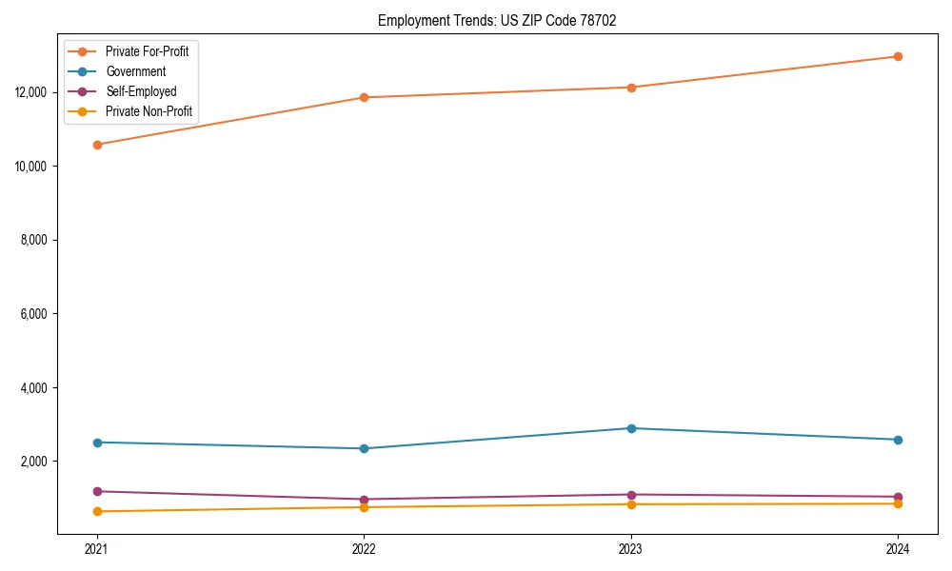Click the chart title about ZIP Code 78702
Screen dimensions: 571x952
click(x=497, y=20)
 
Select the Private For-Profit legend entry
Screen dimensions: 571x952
click(x=147, y=51)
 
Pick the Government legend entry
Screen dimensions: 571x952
click(x=135, y=71)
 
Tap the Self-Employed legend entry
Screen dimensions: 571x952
click(x=141, y=91)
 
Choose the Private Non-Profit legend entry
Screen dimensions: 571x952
click(x=149, y=111)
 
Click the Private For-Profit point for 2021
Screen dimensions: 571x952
click(x=96, y=145)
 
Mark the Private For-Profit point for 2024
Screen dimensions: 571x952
click(x=898, y=56)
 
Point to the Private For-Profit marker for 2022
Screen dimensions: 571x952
click(x=364, y=97)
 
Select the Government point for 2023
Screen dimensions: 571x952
click(x=631, y=428)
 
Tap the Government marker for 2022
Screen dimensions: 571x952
click(x=364, y=448)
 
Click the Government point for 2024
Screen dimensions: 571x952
click(x=898, y=440)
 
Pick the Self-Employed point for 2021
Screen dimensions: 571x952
click(x=96, y=491)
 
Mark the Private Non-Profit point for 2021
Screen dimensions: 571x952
click(x=96, y=511)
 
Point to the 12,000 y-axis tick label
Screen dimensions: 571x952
click(x=31, y=92)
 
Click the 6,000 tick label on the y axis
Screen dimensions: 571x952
click(x=34, y=314)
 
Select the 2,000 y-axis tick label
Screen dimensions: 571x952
click(x=34, y=462)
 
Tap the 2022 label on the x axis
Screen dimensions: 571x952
click(x=364, y=549)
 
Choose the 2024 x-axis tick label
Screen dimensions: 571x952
click(x=898, y=549)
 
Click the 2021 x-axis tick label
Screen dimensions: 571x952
click(x=96, y=549)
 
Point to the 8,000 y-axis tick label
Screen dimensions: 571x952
click(x=34, y=240)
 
